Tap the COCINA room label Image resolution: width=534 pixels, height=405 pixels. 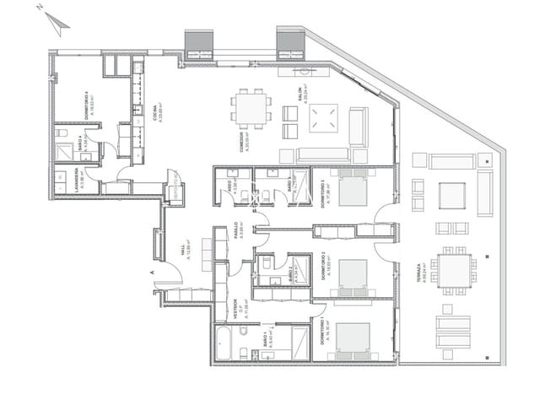pyautogui.click(x=155, y=112)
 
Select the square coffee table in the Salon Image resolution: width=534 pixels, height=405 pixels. pyautogui.click(x=322, y=118)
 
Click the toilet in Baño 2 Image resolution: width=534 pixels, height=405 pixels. pyautogui.click(x=266, y=263)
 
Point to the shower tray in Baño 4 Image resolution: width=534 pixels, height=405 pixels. pyautogui.click(x=62, y=150)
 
